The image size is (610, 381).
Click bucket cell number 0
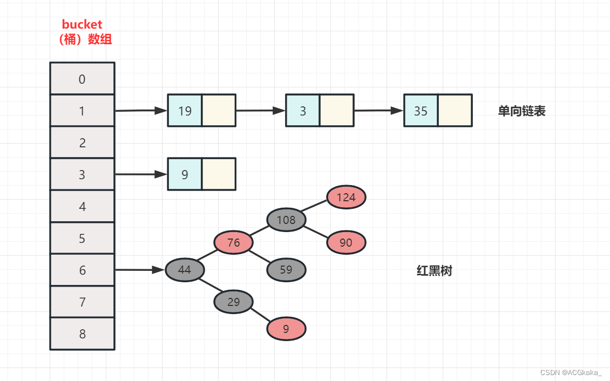tap(82, 79)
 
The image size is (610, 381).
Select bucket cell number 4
tap(82, 206)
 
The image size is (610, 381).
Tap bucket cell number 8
tap(82, 334)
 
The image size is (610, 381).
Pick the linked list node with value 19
tap(185, 111)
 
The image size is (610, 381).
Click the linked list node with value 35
tap(421, 111)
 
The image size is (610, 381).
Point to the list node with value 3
tap(303, 111)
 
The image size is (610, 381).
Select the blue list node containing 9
tap(185, 174)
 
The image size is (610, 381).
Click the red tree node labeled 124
tap(346, 197)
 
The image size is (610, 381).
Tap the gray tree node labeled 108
tap(286, 220)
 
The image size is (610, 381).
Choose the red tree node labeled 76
tap(233, 242)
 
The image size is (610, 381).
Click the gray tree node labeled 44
tap(185, 269)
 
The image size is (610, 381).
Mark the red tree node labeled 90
tap(346, 242)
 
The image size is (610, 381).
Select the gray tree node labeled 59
tap(286, 269)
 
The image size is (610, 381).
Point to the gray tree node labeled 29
tap(233, 302)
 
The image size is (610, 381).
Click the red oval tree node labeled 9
tap(286, 328)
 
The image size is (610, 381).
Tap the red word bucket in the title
tap(82, 24)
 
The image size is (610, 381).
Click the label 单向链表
tap(521, 111)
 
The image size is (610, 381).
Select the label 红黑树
tap(434, 271)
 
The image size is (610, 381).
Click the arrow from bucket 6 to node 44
tap(139, 269)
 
